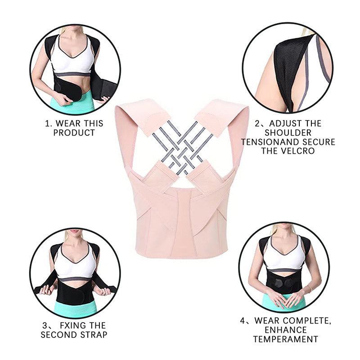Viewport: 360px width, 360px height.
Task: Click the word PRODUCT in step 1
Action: [74, 133]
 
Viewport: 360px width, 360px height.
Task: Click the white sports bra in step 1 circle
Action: [75, 58]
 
